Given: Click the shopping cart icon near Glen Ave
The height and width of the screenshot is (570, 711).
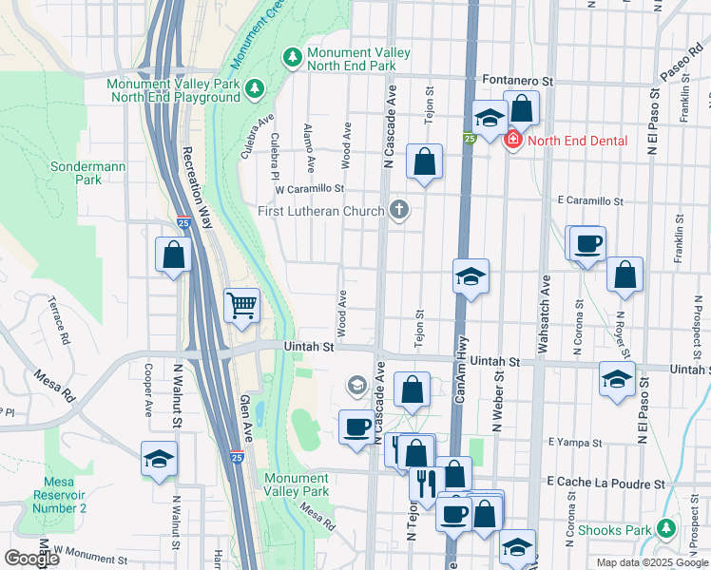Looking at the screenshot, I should coord(242,306).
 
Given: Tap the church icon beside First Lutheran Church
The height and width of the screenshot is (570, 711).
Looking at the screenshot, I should coord(399,210).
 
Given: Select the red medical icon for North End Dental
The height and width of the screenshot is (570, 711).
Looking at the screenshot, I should coord(513,141).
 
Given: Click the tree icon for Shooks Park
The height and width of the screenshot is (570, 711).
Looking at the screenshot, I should coord(667,529).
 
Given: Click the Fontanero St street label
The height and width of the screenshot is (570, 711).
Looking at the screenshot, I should coord(526,80).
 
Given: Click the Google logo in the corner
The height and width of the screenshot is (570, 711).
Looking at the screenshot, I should coord(31,559).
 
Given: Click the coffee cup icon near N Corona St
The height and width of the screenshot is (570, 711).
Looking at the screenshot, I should coord(587,243).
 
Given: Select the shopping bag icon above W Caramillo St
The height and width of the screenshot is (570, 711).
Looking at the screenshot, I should coord(424,161).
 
